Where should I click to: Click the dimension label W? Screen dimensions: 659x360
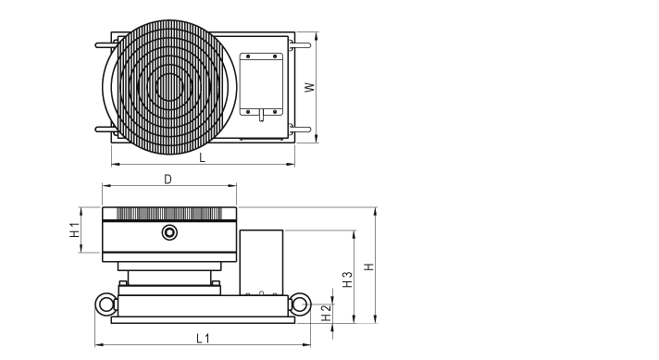[310, 87]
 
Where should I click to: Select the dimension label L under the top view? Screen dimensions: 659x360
[202, 158]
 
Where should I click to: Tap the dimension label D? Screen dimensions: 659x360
[168, 180]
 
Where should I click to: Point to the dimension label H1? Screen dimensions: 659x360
[75, 230]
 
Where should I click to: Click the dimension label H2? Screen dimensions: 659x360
[327, 313]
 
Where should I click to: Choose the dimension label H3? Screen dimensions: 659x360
[348, 279]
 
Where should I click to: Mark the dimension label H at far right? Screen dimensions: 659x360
[368, 267]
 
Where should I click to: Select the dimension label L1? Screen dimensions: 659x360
[203, 338]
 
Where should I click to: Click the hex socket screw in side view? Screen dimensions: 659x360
[169, 232]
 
